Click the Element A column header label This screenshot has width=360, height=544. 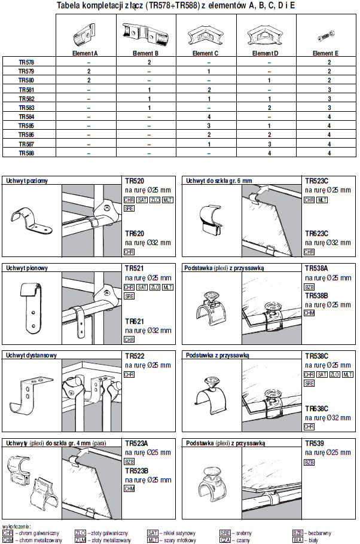pyautogui.click(x=88, y=53)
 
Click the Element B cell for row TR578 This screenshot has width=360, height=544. pyautogui.click(x=149, y=62)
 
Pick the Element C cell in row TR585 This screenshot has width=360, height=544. pyautogui.click(x=208, y=126)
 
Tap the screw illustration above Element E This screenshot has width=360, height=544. pyautogui.click(x=329, y=33)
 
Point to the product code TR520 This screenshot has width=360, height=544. pyautogui.click(x=134, y=180)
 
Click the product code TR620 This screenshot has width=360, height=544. pyautogui.click(x=134, y=234)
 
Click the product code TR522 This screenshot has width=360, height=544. pyautogui.click(x=134, y=356)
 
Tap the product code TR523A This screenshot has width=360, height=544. pyautogui.click(x=136, y=444)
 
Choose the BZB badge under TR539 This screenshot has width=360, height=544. pyautogui.click(x=309, y=462)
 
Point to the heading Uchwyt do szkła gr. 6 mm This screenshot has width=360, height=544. pyautogui.click(x=219, y=181)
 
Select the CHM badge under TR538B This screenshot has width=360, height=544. pyautogui.click(x=309, y=313)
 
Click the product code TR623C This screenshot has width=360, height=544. pyautogui.click(x=317, y=234)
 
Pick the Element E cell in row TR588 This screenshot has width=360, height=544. pyautogui.click(x=329, y=153)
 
